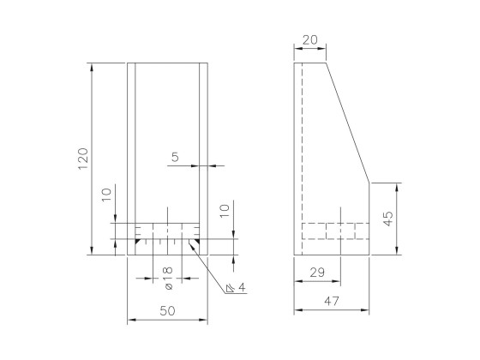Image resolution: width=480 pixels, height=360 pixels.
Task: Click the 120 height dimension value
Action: tap(83, 159)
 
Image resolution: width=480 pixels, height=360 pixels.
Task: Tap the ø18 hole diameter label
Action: tap(166, 271)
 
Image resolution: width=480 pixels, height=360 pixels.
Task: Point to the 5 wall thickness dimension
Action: tap(176, 157)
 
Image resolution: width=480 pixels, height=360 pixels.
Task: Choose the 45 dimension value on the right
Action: tap(387, 219)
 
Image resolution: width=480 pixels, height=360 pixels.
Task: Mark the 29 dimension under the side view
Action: tap(317, 272)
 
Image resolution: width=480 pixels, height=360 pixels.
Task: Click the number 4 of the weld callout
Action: tap(243, 288)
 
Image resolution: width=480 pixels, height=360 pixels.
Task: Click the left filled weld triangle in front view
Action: tap(137, 243)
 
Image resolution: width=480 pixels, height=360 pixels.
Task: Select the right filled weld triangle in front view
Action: tap(195, 243)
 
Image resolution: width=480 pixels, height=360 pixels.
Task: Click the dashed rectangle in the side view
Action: tap(335, 231)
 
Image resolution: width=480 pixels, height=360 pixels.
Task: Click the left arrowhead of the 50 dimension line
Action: tap(130, 321)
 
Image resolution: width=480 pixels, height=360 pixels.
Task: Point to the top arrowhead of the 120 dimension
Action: tap(91, 65)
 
